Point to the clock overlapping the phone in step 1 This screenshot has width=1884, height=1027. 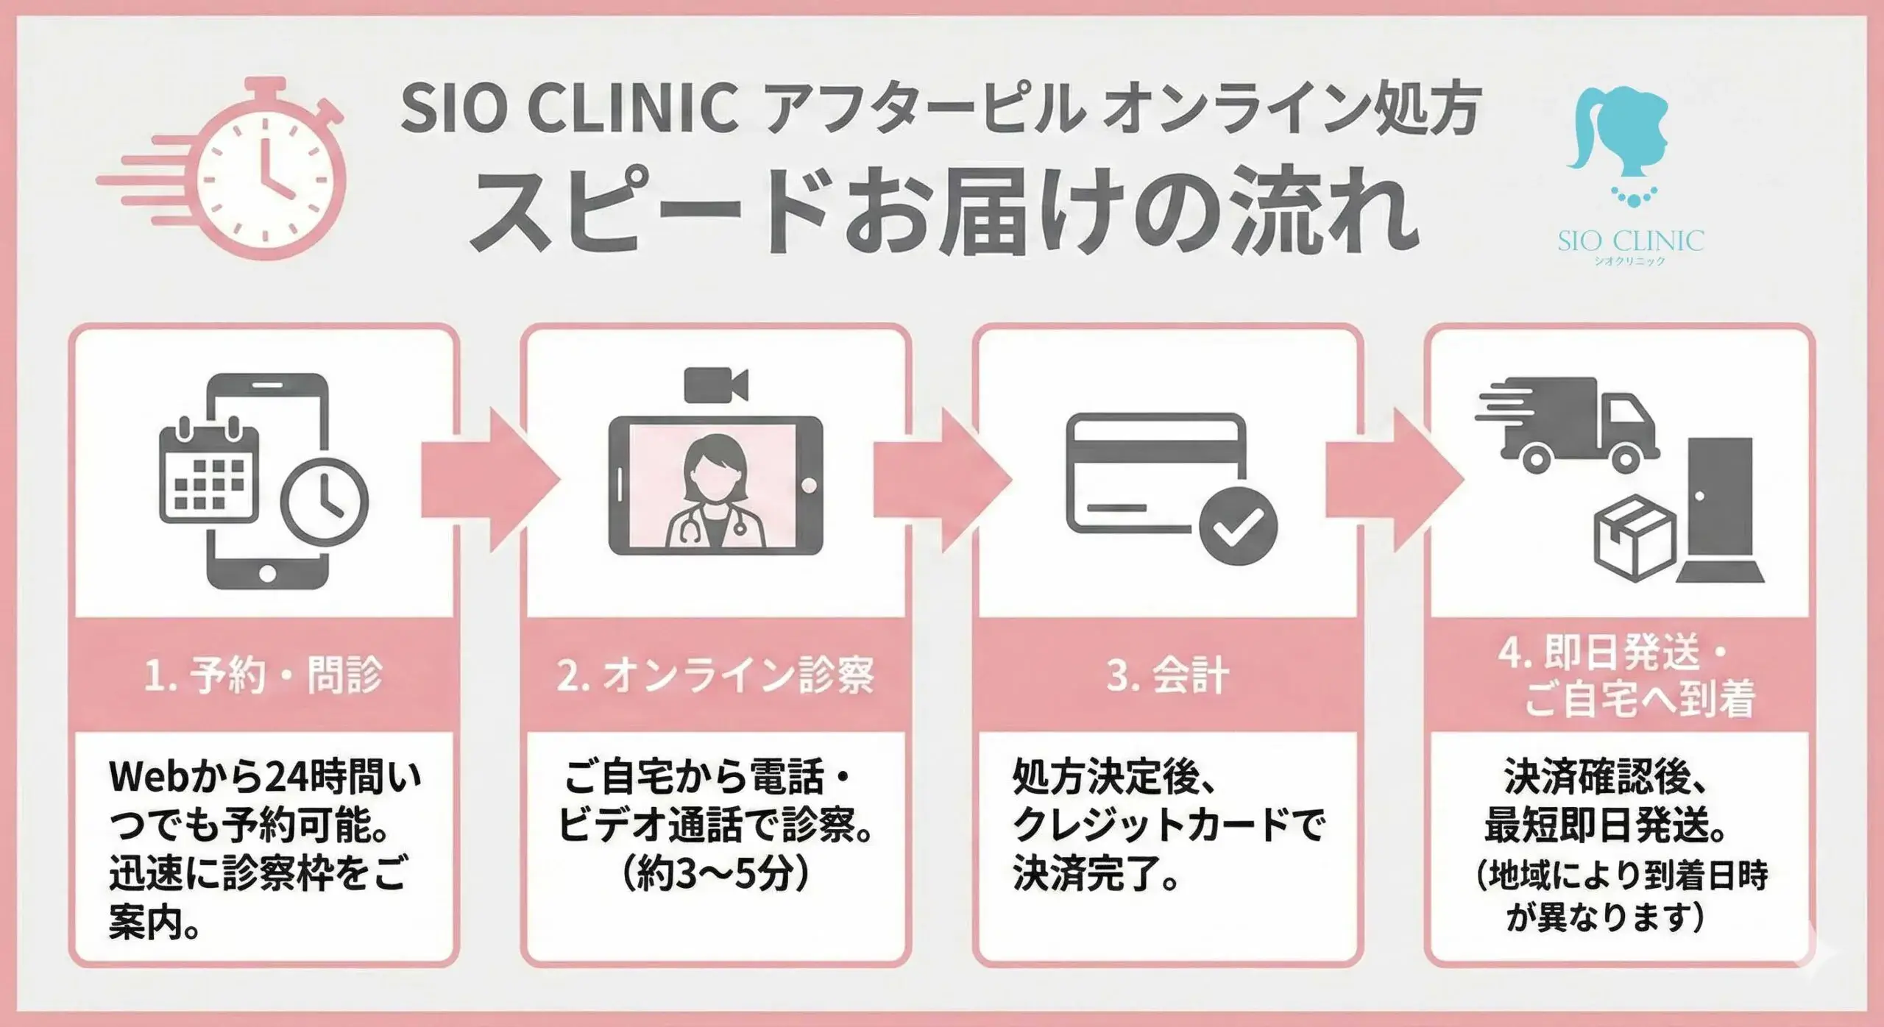pos(325,502)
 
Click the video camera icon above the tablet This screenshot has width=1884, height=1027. pos(715,385)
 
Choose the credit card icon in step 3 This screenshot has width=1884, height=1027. pos(1156,472)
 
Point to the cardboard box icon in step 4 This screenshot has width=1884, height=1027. pos(1635,538)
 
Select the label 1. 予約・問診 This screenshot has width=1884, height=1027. pos(263,675)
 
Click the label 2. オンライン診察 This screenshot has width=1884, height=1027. pos(715,675)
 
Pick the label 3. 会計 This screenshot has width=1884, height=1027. pos(1167,675)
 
